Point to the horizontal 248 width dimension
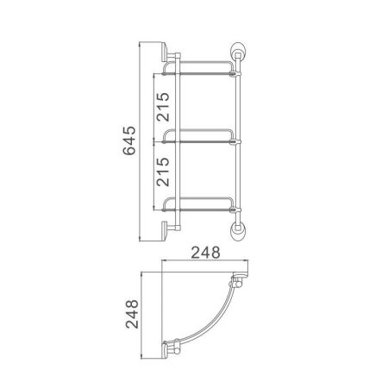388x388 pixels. pos(203,254)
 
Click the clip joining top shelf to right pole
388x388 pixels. pos(234,75)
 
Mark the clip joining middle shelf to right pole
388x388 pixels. pos(234,141)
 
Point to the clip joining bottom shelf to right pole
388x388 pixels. pos(234,210)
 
